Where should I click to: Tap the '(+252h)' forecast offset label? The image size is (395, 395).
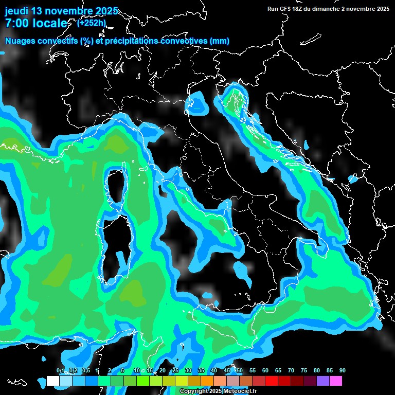click(92, 23)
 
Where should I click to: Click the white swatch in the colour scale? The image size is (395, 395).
click(52, 381)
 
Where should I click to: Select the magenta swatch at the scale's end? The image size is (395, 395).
click(336, 381)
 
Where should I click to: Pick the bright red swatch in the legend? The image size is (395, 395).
click(272, 381)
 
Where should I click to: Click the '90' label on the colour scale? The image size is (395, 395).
click(343, 371)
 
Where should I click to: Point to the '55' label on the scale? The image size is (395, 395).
click(253, 371)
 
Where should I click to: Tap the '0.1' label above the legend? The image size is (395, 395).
click(60, 371)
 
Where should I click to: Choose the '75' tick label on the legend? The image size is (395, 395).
click(304, 371)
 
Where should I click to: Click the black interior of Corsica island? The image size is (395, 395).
click(115, 188)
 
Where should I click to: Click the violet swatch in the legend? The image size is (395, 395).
click(323, 381)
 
